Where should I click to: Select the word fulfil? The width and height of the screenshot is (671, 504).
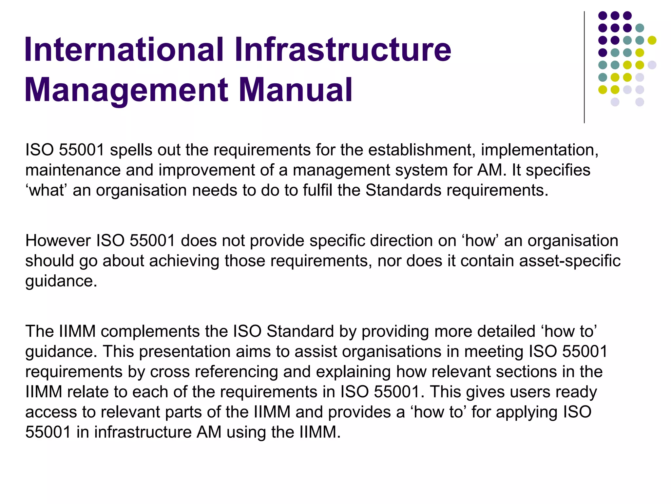click(317, 190)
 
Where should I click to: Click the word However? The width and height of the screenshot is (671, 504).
click(58, 241)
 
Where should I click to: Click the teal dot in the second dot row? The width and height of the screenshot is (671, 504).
click(640, 28)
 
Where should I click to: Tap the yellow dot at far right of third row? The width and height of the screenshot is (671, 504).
click(652, 40)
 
